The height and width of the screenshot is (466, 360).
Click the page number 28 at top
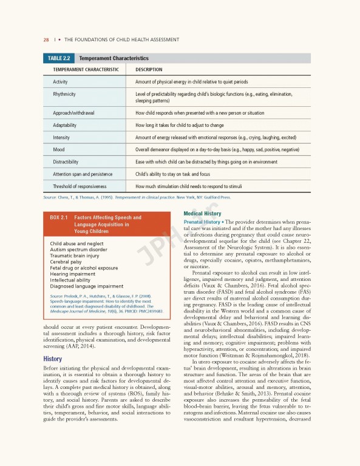tap(29, 40)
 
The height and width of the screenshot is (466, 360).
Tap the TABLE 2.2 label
tap(59, 59)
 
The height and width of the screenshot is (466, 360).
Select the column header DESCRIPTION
tap(152, 70)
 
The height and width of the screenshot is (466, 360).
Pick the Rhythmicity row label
tap(64, 94)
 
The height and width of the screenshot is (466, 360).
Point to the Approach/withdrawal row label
tap(73, 113)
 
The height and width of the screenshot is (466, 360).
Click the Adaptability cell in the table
tap(64, 125)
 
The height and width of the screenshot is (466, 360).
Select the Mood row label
tap(59, 149)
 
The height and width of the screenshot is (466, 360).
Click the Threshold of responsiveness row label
tap(80, 186)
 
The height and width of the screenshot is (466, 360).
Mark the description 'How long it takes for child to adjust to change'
tap(188, 125)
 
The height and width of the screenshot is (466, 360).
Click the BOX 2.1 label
tap(57, 217)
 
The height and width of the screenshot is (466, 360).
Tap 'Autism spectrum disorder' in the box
tap(78, 249)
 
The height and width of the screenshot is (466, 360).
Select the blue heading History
tap(53, 359)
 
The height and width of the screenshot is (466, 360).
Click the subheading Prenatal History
tap(202, 222)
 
